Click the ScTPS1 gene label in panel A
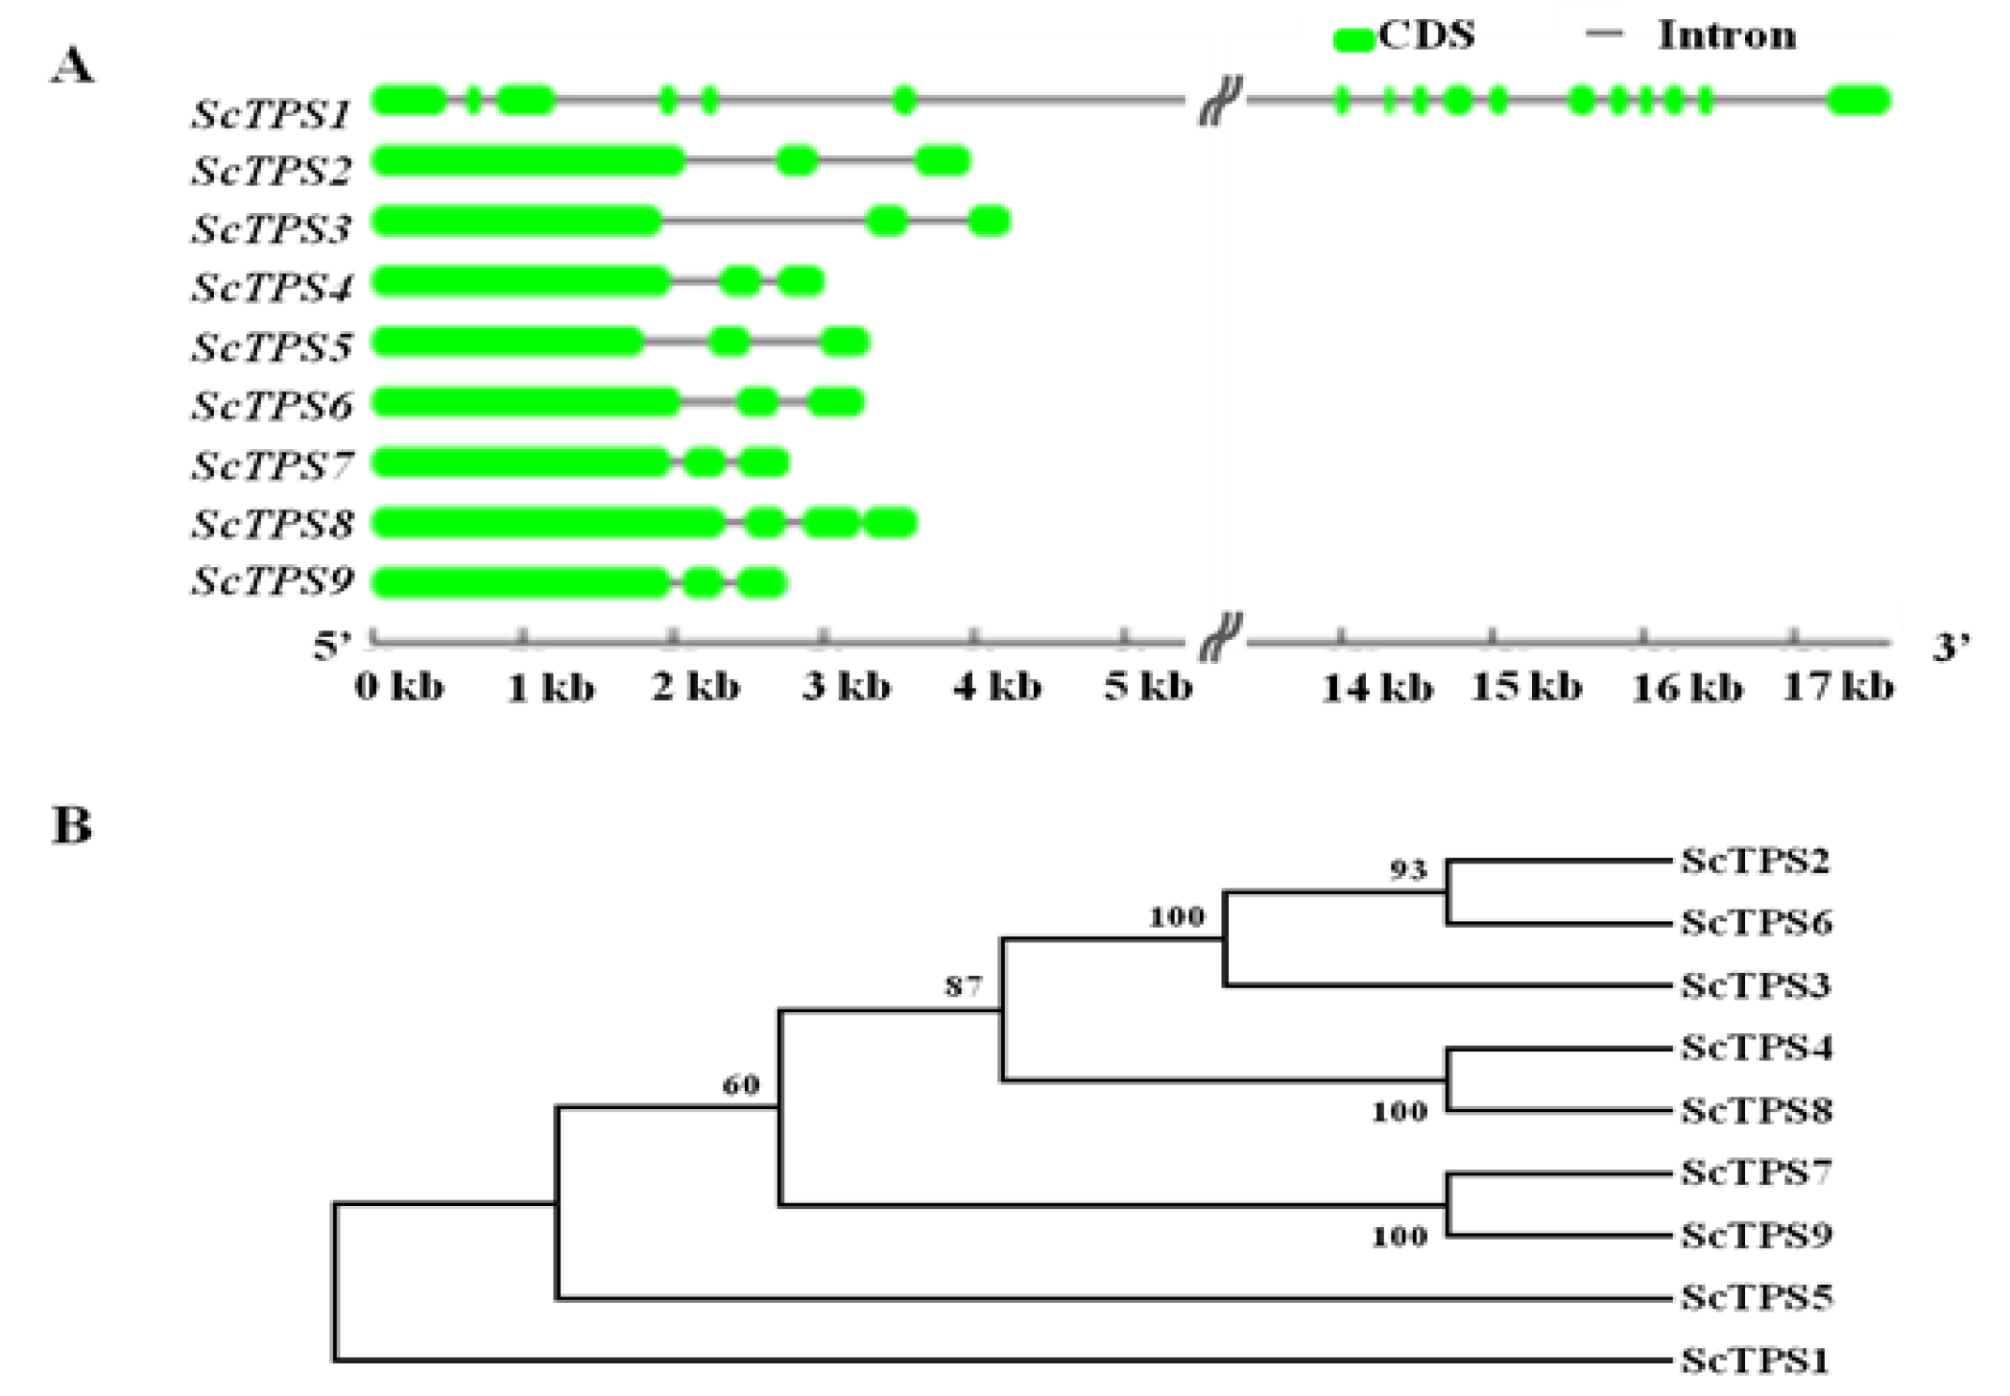[272, 114]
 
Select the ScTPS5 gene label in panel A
[272, 346]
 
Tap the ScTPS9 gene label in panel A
[272, 580]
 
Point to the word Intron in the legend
[1726, 35]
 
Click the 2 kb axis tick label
[696, 687]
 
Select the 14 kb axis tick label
[1376, 688]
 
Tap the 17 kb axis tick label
[1837, 687]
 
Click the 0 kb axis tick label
[399, 687]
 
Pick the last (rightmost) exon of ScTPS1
[1858, 100]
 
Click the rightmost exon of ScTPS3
[989, 222]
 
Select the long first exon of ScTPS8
[547, 524]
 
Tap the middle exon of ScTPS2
[797, 161]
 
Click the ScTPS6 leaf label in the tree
[1756, 923]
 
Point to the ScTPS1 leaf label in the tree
[1754, 1360]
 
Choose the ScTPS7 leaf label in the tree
[1756, 1172]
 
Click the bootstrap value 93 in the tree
[1408, 870]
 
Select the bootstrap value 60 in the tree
[740, 1085]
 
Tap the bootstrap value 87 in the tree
[963, 986]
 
